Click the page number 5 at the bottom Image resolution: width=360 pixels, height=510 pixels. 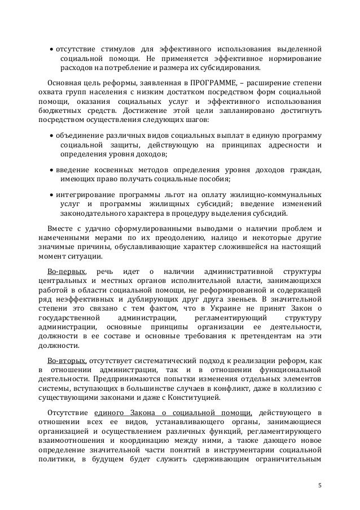(319, 484)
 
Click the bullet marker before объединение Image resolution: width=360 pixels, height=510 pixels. (51, 137)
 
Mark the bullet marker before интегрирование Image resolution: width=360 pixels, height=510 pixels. (51, 194)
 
